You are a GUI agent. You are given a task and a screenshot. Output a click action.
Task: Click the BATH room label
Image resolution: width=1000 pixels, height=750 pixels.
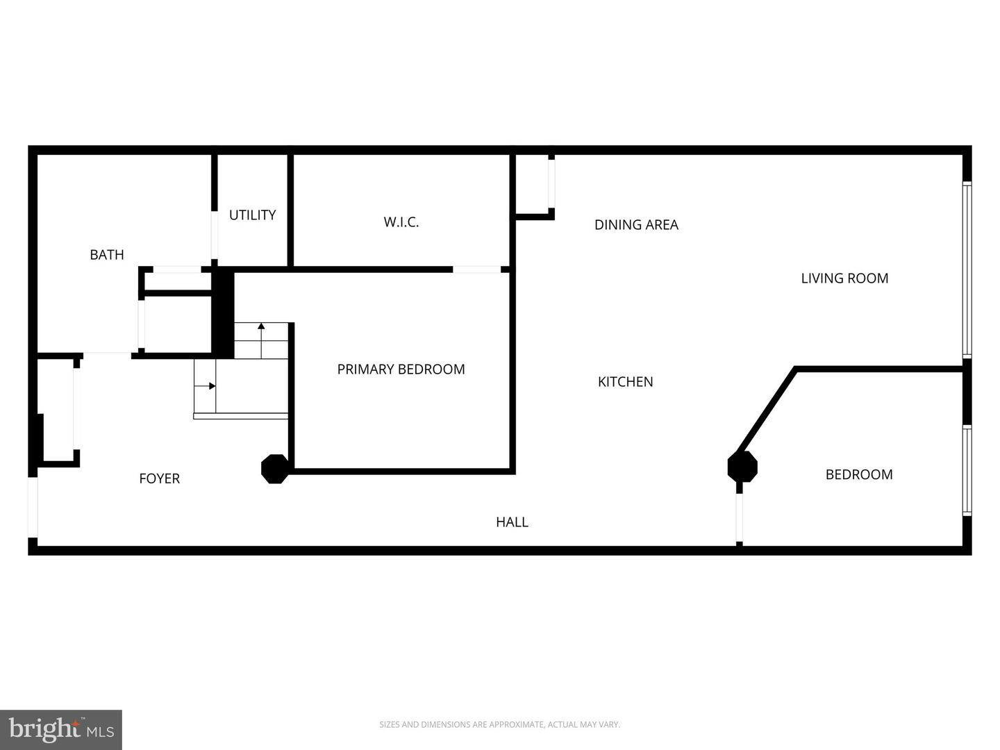[107, 255]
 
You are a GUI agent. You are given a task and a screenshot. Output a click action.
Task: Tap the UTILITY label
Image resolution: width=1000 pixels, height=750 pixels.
[252, 215]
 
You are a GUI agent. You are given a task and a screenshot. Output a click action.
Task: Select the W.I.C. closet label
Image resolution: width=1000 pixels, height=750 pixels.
[401, 222]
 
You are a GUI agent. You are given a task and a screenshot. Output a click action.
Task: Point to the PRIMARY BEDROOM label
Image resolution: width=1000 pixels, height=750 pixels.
[401, 369]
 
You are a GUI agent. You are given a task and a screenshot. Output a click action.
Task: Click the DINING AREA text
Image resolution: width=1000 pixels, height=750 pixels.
[636, 225]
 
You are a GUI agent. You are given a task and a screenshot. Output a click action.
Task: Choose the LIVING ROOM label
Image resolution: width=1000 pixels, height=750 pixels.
[844, 278]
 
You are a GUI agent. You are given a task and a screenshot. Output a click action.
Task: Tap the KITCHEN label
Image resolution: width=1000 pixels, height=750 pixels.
[625, 382]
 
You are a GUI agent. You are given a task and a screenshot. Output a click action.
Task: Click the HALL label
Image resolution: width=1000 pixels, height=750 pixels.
[512, 522]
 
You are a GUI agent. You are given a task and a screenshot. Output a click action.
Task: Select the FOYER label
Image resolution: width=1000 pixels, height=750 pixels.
[159, 478]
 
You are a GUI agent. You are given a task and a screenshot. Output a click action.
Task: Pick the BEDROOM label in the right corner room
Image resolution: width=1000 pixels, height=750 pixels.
[859, 475]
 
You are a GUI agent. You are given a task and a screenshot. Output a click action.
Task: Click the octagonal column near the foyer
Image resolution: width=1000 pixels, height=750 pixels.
[274, 469]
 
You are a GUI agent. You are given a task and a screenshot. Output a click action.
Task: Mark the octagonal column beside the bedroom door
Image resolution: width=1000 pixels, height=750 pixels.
[742, 467]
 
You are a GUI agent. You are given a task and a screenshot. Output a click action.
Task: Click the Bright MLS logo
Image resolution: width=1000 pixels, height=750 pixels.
[61, 729]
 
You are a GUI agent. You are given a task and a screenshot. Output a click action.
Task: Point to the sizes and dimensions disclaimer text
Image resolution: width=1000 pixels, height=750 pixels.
[499, 725]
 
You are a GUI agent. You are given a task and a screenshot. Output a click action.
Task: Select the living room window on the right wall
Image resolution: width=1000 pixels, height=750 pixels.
[966, 269]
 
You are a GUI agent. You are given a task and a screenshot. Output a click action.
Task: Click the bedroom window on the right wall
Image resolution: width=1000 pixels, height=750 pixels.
[966, 470]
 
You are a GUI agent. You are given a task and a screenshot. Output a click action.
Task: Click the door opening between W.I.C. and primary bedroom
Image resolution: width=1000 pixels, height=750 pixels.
[477, 269]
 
